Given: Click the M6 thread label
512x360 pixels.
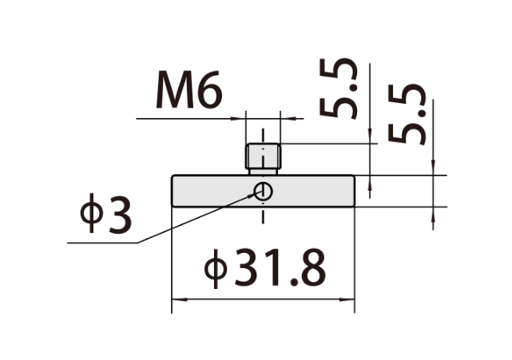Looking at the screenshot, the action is coord(189,89).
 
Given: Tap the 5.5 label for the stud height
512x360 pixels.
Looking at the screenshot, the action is coord(339,88).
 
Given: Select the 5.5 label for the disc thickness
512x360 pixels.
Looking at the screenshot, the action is coord(407,114).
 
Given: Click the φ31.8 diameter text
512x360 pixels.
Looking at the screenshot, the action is coord(265,267).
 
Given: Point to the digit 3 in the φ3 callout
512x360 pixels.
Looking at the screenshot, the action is coord(120,216).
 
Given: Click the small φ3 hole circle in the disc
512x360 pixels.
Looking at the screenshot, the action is coord(263,191).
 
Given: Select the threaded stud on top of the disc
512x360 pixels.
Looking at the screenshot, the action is coord(263,159).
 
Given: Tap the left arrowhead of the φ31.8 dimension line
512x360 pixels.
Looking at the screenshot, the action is coord(180,299).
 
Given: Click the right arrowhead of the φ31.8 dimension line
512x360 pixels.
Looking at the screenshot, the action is coord(347,299).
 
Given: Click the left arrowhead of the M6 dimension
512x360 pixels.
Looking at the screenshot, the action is coord(238,118).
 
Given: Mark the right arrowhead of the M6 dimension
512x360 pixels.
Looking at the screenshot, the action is coord(288,118).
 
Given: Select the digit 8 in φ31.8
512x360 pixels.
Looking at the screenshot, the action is coord(313,267).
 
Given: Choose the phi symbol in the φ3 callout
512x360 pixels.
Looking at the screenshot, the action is coord(92,213).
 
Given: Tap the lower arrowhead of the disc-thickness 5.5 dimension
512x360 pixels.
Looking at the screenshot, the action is coord(433,215).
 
